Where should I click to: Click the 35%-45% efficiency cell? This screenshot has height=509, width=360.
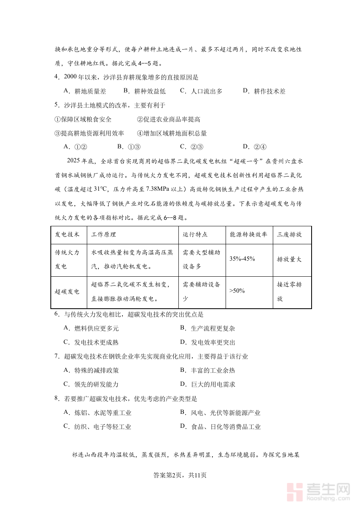point(242,259)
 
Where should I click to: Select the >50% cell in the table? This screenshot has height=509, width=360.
point(237,291)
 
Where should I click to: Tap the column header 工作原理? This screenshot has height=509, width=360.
point(104,235)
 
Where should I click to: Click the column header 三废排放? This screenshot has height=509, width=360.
point(289,235)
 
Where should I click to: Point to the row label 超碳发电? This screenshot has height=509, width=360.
point(67,292)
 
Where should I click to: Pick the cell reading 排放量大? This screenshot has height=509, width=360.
point(289,259)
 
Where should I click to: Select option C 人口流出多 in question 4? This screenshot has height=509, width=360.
point(201,91)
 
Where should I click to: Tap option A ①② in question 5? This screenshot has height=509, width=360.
point(76,147)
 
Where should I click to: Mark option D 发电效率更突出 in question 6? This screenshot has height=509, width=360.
point(208,342)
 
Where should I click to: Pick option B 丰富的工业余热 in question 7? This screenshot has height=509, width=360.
point(208,370)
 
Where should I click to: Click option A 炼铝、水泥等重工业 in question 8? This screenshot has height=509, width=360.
point(98,413)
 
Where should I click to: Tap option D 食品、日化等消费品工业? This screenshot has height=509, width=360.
point(220,427)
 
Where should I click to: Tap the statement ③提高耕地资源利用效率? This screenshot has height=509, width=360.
point(89,133)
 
